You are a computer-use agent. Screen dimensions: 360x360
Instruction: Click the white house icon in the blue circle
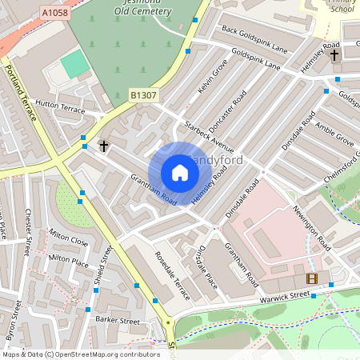point(180,173)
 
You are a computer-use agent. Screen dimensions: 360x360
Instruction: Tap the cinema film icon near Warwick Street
point(311,278)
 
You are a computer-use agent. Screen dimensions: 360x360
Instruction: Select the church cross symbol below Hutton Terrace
point(103,146)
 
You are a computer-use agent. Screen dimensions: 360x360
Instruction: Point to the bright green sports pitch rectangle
point(75,63)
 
